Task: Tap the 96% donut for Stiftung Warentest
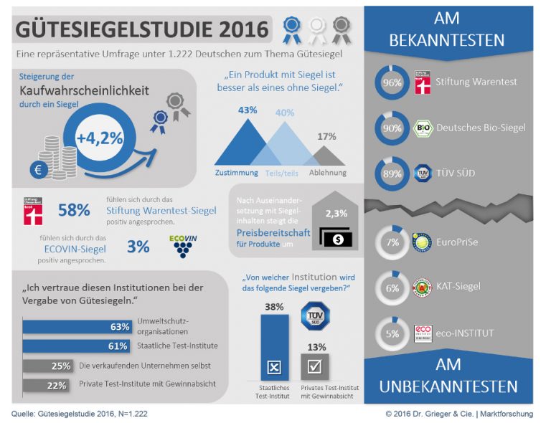point(392,83)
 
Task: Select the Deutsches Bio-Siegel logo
point(424,129)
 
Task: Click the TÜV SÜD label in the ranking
point(458,174)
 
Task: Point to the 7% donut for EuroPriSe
point(392,242)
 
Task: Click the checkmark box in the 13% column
point(314,366)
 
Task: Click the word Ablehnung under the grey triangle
point(327,173)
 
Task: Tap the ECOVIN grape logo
point(186,246)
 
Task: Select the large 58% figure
point(74,211)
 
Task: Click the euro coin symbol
point(39,171)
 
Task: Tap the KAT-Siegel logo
point(424,287)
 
